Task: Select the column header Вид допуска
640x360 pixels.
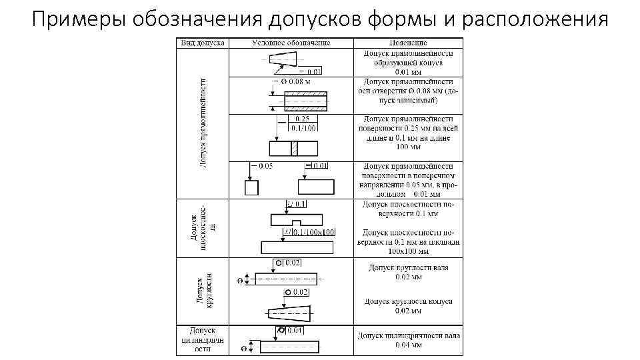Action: (201, 43)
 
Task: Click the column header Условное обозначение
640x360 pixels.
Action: (291, 43)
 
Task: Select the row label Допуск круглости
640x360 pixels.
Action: (204, 290)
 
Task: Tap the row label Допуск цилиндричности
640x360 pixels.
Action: (201, 339)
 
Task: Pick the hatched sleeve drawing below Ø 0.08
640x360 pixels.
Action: (305, 101)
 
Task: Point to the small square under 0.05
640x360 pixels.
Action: (251, 188)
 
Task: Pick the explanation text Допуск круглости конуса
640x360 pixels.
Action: (408, 306)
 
